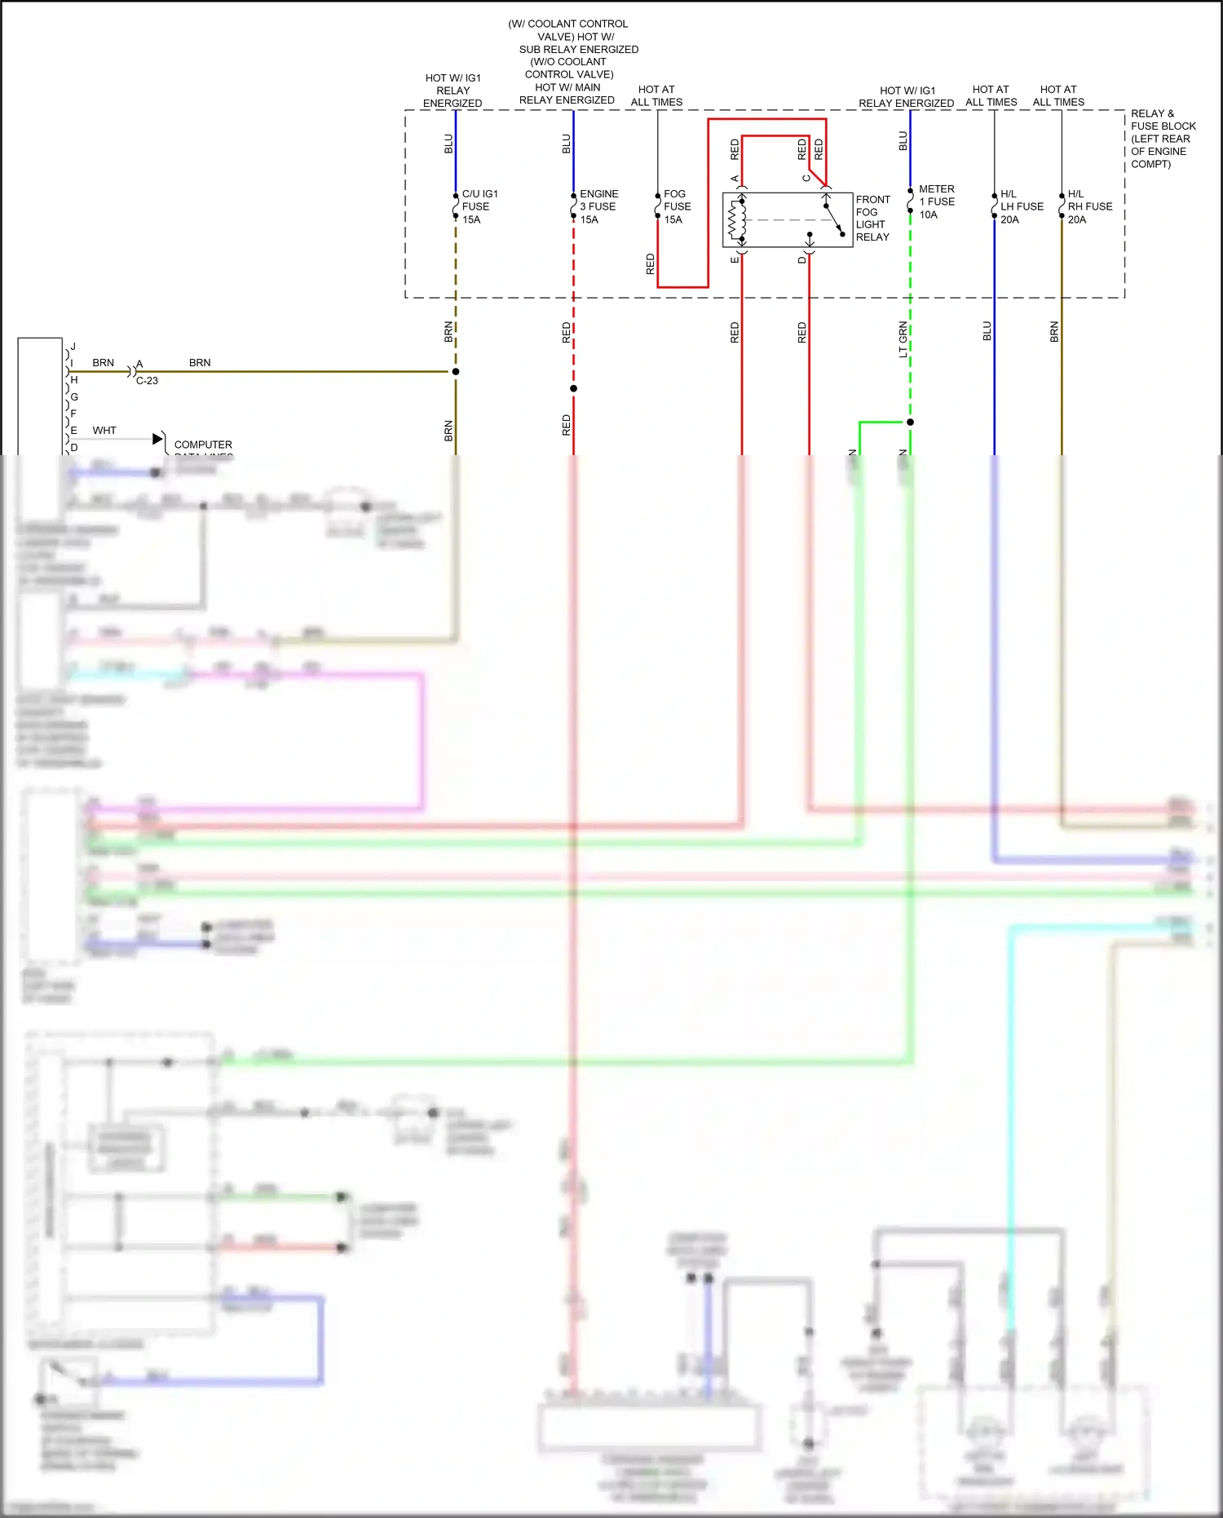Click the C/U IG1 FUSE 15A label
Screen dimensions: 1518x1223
(x=479, y=206)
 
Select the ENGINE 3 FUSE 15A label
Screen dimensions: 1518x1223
(x=598, y=206)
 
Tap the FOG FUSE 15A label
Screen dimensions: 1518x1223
(x=677, y=206)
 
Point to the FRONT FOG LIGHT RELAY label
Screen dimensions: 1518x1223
(x=872, y=218)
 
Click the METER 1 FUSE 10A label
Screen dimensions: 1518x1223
(x=936, y=201)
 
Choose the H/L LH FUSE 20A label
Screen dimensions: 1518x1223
(x=1021, y=206)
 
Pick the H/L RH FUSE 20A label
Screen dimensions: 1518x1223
(x=1089, y=206)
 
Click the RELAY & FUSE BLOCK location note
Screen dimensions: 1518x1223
(x=1163, y=139)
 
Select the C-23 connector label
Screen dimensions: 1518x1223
(x=147, y=381)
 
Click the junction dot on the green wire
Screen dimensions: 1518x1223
(x=910, y=422)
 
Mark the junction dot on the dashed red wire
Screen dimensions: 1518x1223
(x=573, y=388)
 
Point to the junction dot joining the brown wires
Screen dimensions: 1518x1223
(x=456, y=371)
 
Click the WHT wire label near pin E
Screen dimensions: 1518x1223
(x=104, y=430)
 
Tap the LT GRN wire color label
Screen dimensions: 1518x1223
(x=903, y=339)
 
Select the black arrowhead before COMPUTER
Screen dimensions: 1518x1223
(x=157, y=439)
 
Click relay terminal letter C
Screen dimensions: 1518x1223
(x=806, y=178)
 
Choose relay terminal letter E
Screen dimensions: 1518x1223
(x=734, y=259)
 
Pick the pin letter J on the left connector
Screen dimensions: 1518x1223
(x=73, y=347)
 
